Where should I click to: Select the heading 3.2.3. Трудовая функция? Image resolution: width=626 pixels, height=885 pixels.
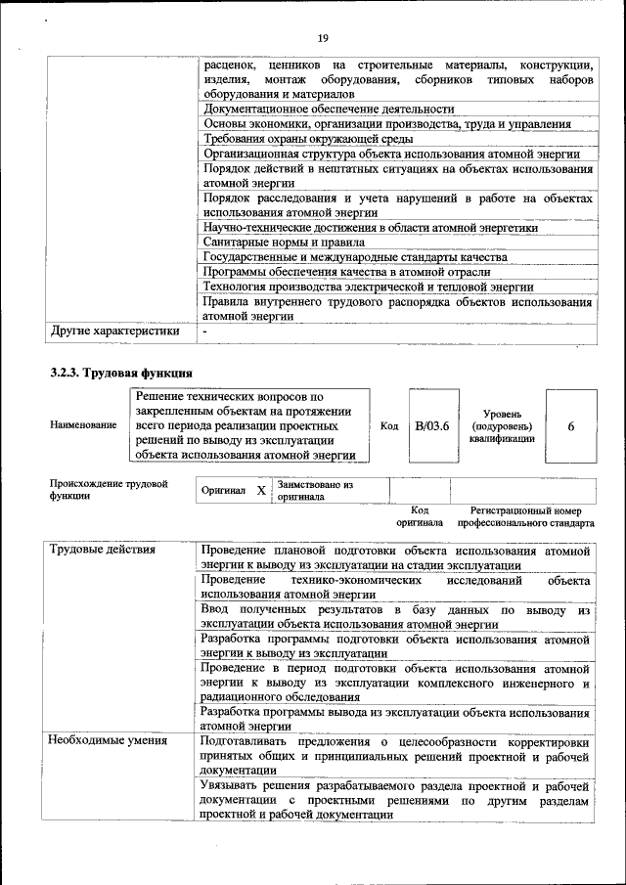pos(121,373)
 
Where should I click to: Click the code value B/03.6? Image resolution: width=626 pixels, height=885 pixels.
pos(431,426)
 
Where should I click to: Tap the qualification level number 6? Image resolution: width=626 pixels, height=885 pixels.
pos(570,426)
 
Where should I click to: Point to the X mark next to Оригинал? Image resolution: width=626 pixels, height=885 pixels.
pos(260,489)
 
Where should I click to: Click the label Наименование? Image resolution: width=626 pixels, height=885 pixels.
pos(83,426)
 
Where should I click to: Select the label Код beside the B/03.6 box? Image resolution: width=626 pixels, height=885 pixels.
pos(388,426)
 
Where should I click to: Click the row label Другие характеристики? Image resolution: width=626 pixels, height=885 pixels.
pos(114,331)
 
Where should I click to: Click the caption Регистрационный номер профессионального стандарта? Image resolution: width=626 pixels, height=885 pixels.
pos(531,516)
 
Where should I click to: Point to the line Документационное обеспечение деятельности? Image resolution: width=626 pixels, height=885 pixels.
pos(329,110)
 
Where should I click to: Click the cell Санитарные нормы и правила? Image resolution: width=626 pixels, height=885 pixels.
pos(284,242)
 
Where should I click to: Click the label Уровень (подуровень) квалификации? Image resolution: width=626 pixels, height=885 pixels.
pos(501,427)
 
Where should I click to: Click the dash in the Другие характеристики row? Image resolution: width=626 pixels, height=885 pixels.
pos(204,331)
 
